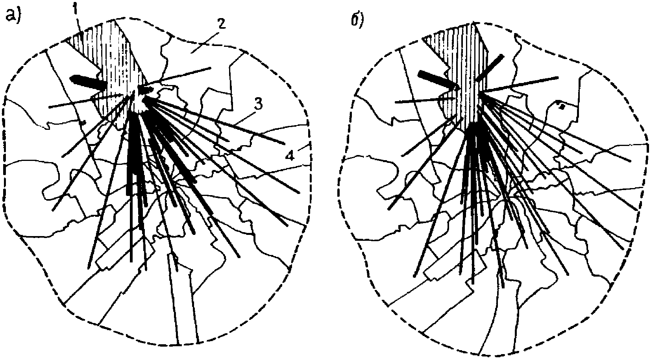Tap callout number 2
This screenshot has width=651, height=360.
[x=221, y=24]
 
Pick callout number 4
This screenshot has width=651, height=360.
[x=289, y=156]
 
